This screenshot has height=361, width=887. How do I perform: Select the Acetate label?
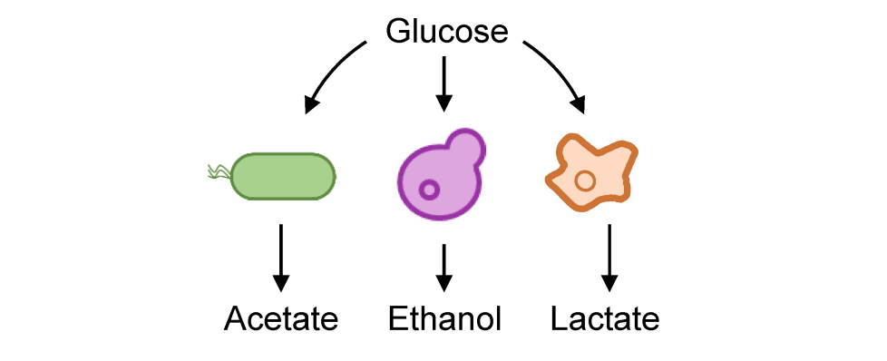(281, 319)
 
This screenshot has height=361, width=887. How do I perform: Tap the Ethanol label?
(444, 319)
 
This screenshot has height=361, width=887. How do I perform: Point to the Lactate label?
(605, 319)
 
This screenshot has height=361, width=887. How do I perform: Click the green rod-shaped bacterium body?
(284, 176)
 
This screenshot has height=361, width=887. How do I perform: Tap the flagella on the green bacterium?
(219, 171)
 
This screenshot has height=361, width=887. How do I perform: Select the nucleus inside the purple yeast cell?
(428, 190)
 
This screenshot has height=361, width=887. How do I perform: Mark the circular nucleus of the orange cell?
(585, 180)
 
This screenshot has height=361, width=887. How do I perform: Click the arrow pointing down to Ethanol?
(443, 265)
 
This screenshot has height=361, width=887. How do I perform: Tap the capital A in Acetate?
(235, 319)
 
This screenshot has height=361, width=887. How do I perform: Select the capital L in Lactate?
(560, 319)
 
